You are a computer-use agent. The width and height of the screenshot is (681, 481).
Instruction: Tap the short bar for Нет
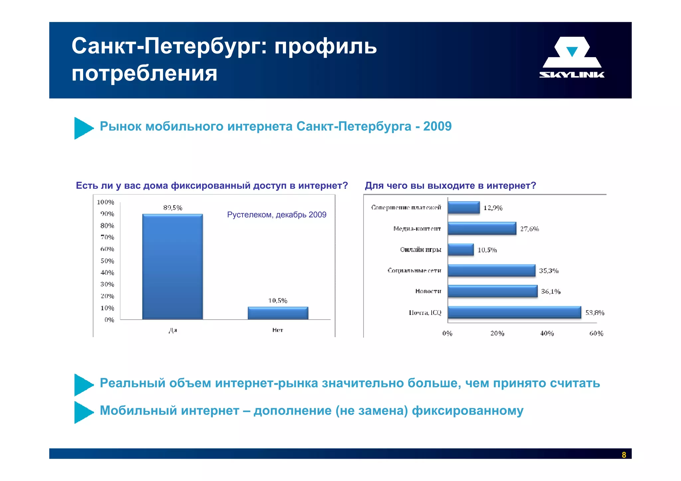pos(278,313)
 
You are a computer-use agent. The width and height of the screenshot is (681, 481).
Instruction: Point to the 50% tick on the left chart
pos(107,261)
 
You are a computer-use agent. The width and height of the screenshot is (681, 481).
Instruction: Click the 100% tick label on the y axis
pos(105,202)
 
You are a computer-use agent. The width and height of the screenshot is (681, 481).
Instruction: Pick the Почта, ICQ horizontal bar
pos(514,312)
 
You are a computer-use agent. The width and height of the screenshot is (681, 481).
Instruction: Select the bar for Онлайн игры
pos(461,249)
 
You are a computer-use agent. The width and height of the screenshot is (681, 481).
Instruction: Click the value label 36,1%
pos(550,292)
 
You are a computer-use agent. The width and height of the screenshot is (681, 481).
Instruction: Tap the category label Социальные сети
pos(414,271)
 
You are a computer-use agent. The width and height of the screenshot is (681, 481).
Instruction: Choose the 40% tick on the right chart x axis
pos(547,333)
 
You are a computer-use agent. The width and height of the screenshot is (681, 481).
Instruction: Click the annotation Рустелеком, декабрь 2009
pos(276,215)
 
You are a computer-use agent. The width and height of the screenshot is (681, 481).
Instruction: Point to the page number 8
pos(624,455)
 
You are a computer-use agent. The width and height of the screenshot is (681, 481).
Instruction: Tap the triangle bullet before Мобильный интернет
pos(83,412)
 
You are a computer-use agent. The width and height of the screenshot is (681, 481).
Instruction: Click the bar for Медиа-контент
pos(481,228)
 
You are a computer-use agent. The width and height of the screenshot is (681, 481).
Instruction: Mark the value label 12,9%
pos(492,208)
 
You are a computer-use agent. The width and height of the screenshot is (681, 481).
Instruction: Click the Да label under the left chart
pos(173,330)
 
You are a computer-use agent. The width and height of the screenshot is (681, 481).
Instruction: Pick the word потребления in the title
pos(144,73)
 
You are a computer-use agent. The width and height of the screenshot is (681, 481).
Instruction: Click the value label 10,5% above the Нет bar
pos(278,301)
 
